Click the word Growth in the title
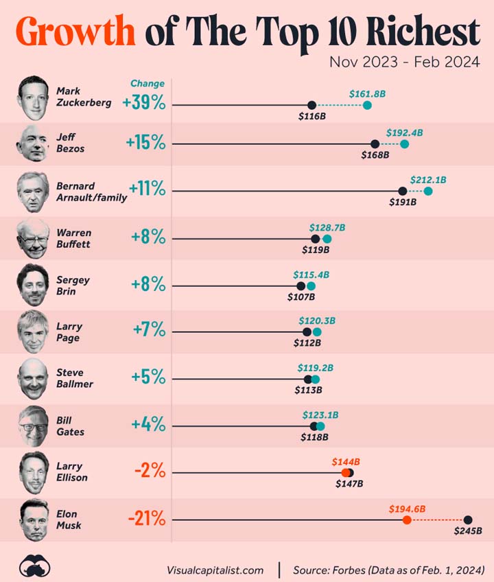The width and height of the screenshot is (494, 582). coord(75,32)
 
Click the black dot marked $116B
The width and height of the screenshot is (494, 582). coord(312,105)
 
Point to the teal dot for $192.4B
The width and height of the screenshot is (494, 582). coord(405,143)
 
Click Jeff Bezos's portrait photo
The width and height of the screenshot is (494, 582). coord(34,143)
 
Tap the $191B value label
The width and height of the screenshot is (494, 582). coord(403,202)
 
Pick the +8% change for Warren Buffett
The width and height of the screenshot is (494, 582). coord(148,237)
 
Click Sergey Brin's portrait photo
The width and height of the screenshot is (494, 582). coord(34,286)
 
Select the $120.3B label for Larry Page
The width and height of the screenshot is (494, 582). coord(317,321)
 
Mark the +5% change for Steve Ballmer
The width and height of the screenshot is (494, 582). coord(148,377)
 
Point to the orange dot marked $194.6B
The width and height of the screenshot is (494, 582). coord(407,520)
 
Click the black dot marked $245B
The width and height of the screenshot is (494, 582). coord(468,520)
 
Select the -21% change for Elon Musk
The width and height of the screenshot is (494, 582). coord(146,519)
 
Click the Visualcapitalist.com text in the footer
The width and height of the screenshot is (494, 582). coord(215,570)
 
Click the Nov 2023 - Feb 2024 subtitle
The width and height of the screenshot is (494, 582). coord(404,62)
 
